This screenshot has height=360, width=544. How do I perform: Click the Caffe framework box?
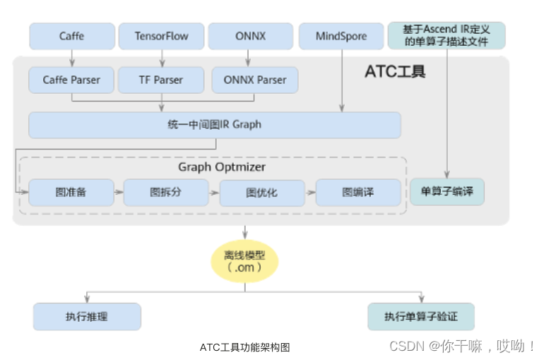pyautogui.click(x=71, y=36)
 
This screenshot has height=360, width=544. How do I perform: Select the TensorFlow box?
pyautogui.click(x=161, y=36)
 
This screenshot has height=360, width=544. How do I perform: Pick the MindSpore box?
pyautogui.click(x=341, y=36)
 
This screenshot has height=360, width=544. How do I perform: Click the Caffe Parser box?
pyautogui.click(x=71, y=80)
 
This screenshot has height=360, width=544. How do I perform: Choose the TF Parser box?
pyautogui.click(x=161, y=80)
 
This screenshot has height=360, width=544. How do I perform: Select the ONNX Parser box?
pyautogui.click(x=254, y=80)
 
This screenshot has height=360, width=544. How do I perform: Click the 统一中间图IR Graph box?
pyautogui.click(x=214, y=125)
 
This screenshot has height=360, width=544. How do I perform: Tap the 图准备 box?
pyautogui.click(x=71, y=192)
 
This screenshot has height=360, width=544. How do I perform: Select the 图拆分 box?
pyautogui.click(x=166, y=192)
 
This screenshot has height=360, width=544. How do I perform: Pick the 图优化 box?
pyautogui.click(x=261, y=192)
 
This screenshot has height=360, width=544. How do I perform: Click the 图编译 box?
pyautogui.click(x=357, y=192)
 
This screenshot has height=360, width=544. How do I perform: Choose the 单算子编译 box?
pyautogui.click(x=447, y=191)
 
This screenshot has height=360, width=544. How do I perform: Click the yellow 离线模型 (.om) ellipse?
pyautogui.click(x=245, y=261)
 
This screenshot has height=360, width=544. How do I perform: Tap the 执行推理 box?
pyautogui.click(x=87, y=317)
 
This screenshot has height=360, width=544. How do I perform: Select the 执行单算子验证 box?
pyautogui.click(x=420, y=317)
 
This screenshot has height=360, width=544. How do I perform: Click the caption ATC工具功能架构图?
pyautogui.click(x=244, y=347)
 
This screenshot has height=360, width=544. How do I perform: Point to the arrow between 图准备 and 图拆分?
pyautogui.click(x=119, y=191)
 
